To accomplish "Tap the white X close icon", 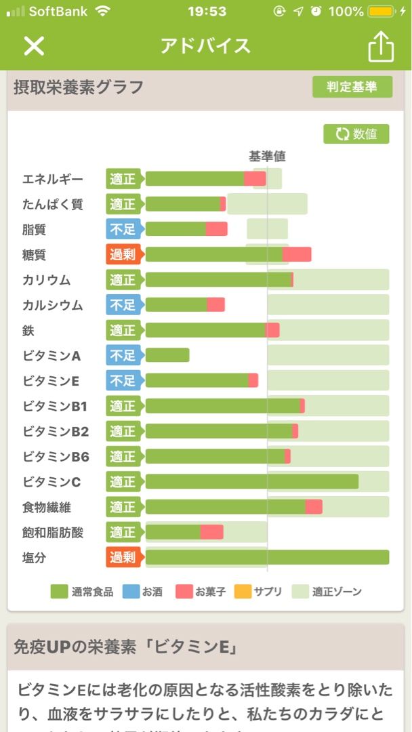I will [34, 45].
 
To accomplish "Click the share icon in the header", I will [381, 46].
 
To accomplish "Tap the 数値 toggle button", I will [356, 134].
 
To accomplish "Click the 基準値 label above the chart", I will [267, 156].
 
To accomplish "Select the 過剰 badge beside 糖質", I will [123, 254].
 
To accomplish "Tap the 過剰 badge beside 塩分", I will [123, 557].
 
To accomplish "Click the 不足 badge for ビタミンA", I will [123, 355].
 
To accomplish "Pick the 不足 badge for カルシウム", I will [123, 305].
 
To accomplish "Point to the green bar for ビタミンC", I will [251, 481].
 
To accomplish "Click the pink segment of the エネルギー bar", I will [255, 179].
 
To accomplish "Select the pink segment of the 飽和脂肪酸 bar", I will [211, 532].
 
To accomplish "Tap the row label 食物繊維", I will [47, 507].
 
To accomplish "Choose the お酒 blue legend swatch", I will [131, 592].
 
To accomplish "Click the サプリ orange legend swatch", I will [243, 592].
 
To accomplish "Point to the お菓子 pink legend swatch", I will [184, 592].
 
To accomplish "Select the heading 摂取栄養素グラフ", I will [79, 87].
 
